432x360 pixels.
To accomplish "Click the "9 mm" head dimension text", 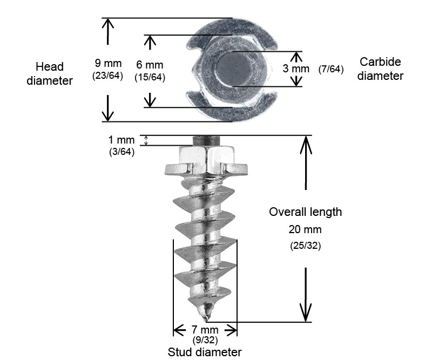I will (108, 63).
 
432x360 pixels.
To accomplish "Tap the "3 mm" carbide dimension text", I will (296, 69).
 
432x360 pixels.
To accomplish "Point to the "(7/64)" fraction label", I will (331, 69).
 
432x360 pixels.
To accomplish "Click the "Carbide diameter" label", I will (380, 69).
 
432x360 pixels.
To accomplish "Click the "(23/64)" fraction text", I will (108, 76).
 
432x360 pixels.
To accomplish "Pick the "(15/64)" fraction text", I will (150, 77).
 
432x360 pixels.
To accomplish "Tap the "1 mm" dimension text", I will (122, 140).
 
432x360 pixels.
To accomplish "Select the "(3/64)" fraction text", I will (122, 152).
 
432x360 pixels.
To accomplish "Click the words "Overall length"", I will (306, 212).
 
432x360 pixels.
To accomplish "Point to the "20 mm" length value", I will (306, 229).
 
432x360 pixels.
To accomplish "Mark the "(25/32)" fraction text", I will (306, 246).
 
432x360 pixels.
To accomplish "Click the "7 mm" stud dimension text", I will (205, 330).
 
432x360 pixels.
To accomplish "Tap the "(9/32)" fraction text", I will (205, 340).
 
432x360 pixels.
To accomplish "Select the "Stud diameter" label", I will (205, 352).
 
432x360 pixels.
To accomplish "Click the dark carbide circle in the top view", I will (232, 69).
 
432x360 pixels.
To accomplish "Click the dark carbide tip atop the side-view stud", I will (206, 141).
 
